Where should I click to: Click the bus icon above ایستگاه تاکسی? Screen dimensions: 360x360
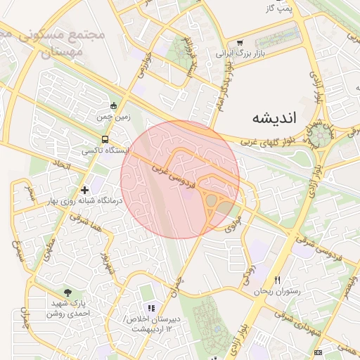point(105,139)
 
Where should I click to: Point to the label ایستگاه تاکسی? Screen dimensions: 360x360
point(105,150)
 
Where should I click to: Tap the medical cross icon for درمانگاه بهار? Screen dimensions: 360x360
point(85,190)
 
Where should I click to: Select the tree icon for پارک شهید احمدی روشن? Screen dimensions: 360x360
point(67,292)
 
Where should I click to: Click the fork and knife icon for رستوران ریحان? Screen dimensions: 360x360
point(277,279)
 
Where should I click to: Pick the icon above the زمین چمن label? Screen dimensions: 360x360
point(114,105)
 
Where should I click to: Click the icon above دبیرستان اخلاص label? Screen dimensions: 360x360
point(150,307)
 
